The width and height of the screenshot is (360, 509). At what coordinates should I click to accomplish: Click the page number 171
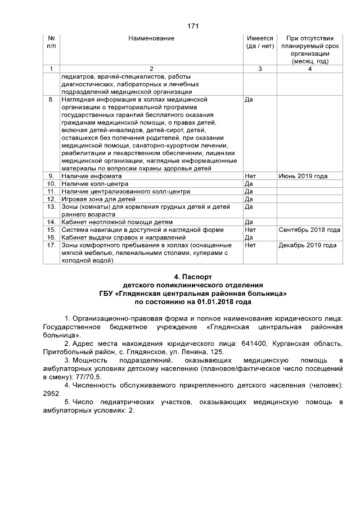point(193,26)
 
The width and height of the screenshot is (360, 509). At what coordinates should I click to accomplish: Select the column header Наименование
point(151,38)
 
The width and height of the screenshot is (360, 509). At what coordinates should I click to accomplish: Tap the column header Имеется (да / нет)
point(259,42)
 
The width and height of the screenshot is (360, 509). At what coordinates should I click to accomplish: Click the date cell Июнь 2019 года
point(303,176)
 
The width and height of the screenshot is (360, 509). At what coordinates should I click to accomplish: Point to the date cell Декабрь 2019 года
point(308,245)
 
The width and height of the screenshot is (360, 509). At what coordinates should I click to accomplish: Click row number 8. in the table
point(51,100)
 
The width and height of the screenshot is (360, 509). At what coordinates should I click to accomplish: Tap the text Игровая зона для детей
point(99,199)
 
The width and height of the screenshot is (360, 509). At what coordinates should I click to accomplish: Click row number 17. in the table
point(51,245)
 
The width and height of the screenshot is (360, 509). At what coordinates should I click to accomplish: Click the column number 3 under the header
point(259,69)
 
